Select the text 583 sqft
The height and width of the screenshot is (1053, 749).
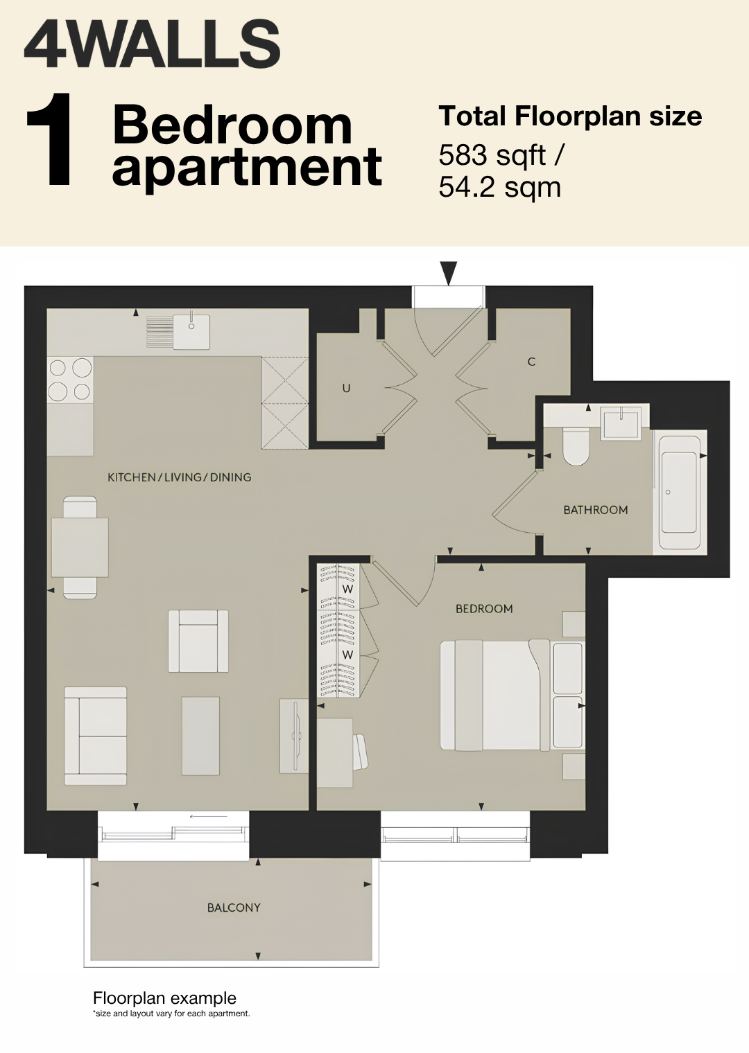coord(492,156)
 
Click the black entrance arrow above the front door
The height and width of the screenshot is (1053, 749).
coord(449,273)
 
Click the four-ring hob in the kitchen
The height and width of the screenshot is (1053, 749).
coord(70,380)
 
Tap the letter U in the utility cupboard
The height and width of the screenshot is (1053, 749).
coord(346,388)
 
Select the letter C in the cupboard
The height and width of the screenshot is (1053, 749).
coord(532,362)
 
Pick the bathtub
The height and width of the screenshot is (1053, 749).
coord(680,492)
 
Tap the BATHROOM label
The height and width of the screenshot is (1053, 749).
coord(596,510)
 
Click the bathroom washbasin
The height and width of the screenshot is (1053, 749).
coord(621,422)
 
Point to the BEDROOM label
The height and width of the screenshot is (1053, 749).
coord(484,609)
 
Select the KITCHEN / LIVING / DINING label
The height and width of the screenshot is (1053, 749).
coord(179,477)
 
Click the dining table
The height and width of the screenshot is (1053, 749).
coord(80,547)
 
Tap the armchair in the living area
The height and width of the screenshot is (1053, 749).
coord(198,641)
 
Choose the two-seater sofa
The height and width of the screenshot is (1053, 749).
coord(96,736)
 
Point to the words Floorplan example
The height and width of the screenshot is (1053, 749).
coord(164,998)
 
